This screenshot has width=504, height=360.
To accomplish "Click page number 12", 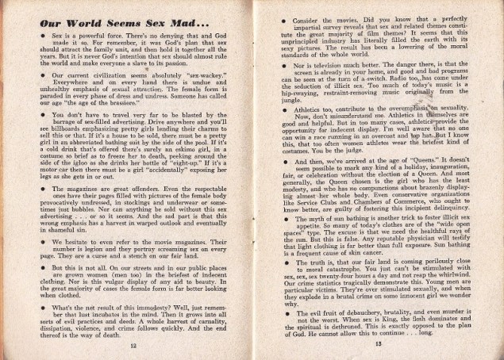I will click(133, 347).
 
